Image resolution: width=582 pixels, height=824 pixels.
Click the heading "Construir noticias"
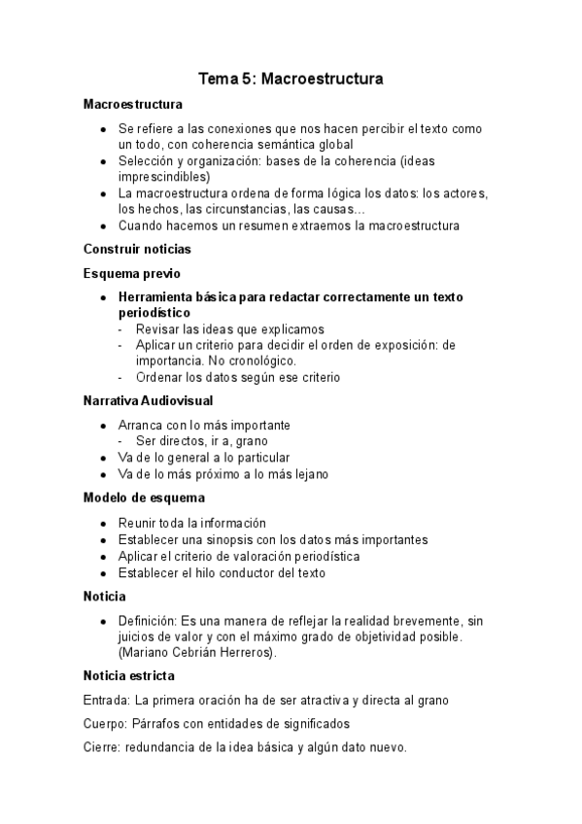pyautogui.click(x=137, y=249)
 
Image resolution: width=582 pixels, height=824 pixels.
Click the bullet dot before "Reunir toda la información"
pyautogui.click(x=103, y=524)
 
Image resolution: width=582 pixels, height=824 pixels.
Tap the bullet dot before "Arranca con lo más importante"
pyautogui.click(x=103, y=426)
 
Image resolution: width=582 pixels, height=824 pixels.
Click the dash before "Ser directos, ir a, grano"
pyautogui.click(x=121, y=441)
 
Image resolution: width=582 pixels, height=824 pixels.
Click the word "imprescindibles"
pyautogui.click(x=161, y=177)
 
